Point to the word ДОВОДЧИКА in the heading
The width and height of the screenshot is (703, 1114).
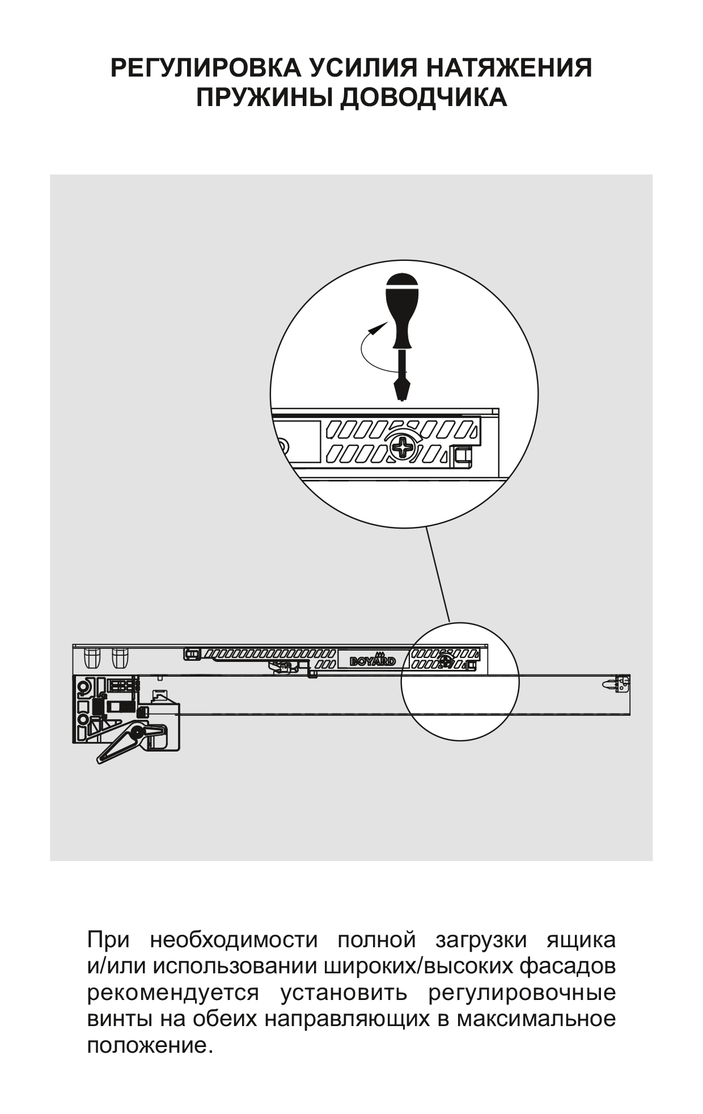tap(424, 98)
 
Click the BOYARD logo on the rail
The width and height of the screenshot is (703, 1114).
tap(372, 661)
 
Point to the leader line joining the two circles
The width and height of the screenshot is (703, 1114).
tap(438, 575)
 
